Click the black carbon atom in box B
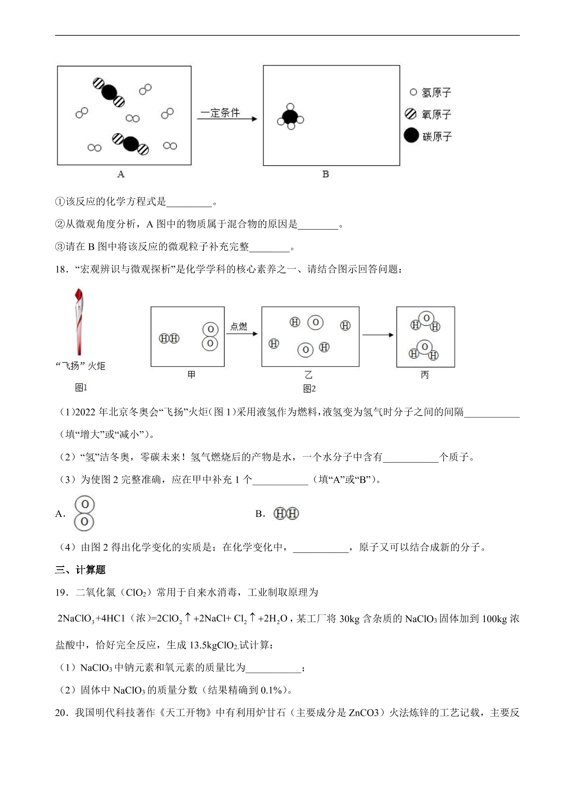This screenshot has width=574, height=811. coord(290,117)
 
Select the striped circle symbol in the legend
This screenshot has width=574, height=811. coord(410,114)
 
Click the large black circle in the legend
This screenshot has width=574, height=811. coord(411,135)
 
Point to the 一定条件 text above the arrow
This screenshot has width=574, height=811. coord(220,113)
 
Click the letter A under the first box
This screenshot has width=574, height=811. coord(121,174)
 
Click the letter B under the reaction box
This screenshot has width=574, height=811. coord(326,174)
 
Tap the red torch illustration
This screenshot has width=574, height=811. coord(79,321)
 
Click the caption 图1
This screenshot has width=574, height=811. coord(81,387)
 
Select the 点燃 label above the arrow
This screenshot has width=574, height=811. coord(238,326)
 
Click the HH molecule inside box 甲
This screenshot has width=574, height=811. coord(169,338)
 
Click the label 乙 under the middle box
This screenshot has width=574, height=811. coord(308,375)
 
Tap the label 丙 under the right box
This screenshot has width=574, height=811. coord(425,375)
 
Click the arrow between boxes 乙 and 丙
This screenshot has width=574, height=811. coord(378,335)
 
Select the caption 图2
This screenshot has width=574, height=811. coord(309,389)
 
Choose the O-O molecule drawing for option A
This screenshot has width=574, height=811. coord(84,513)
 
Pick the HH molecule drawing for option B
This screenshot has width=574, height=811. coord(286,513)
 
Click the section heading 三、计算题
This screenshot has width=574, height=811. coord(80,570)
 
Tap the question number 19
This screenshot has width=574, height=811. coord(62,592)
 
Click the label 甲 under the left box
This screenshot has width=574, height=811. coord(191,375)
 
